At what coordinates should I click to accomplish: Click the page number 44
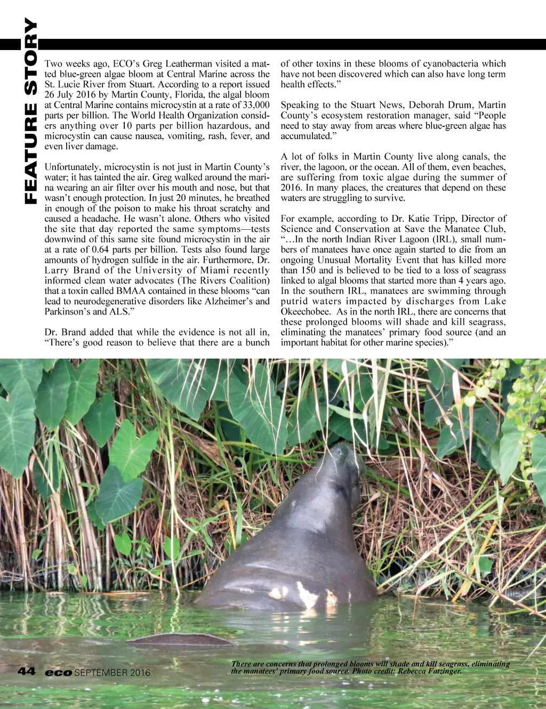[27, 671]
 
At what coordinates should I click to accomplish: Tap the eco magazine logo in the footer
[59, 673]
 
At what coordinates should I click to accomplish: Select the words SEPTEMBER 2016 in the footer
[113, 673]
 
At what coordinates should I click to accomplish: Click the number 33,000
[254, 105]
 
